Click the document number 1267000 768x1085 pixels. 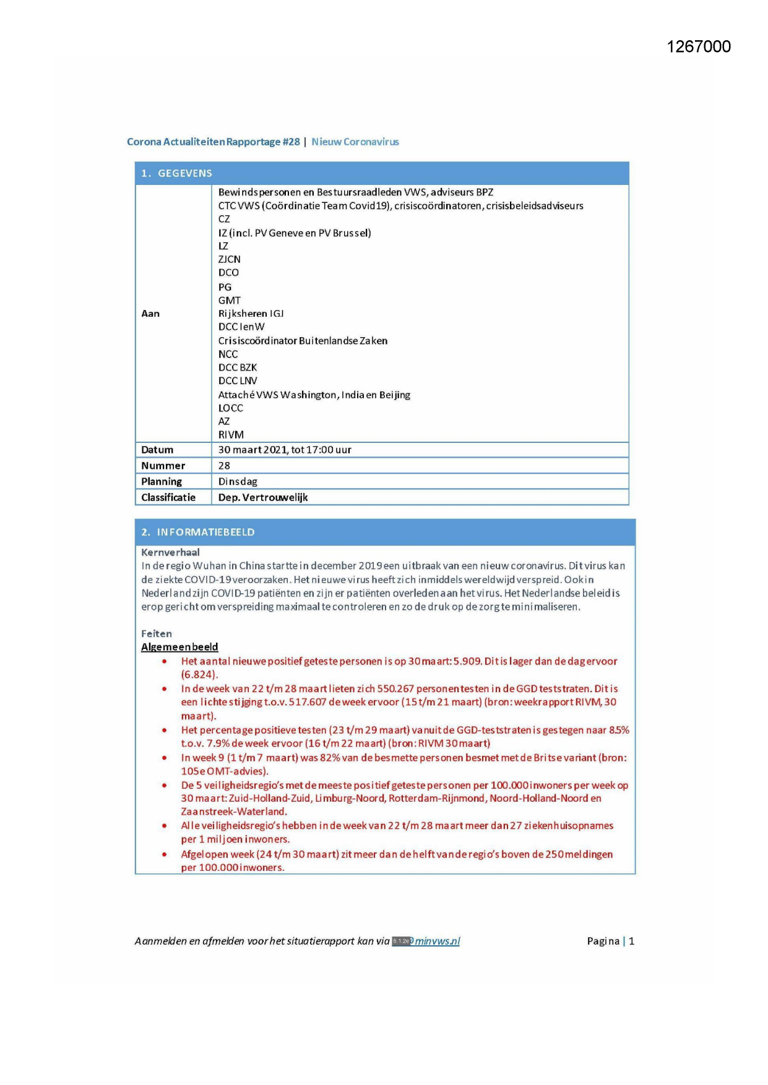click(698, 47)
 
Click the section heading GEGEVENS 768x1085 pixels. click(184, 174)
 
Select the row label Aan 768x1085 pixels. click(150, 314)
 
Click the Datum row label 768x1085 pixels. click(157, 450)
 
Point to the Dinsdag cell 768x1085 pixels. click(238, 482)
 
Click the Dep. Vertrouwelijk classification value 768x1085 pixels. click(263, 498)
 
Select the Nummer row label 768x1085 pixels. click(163, 466)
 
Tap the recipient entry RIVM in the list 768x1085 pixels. click(231, 435)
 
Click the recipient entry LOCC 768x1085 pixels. click(230, 408)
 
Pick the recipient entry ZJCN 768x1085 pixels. click(229, 260)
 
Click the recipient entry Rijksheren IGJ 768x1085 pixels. click(251, 314)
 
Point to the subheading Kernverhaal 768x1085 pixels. click(170, 552)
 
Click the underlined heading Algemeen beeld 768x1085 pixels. click(179, 647)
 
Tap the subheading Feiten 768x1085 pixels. click(157, 634)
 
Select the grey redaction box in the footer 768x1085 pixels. click(402, 941)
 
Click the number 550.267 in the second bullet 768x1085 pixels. click(392, 689)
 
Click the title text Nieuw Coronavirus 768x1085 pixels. click(355, 142)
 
